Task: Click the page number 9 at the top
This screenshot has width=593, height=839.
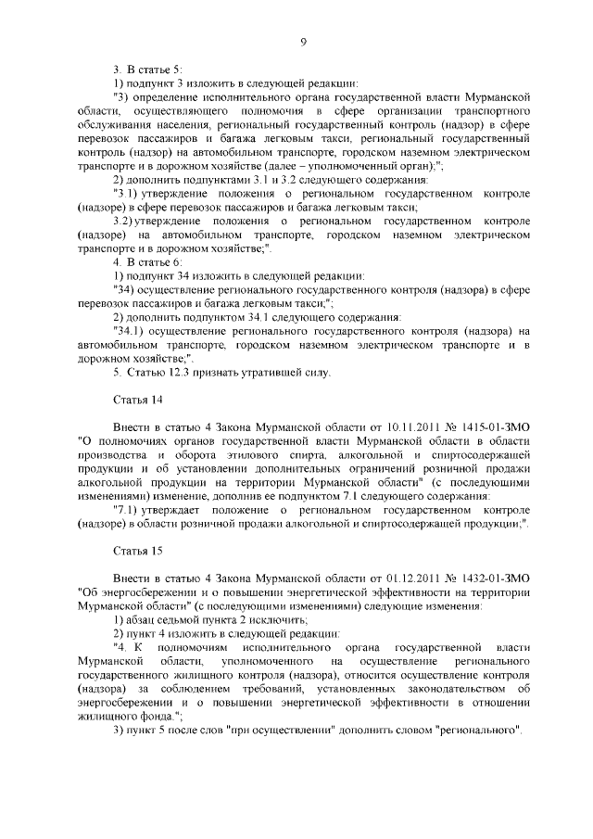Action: tap(303, 40)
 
